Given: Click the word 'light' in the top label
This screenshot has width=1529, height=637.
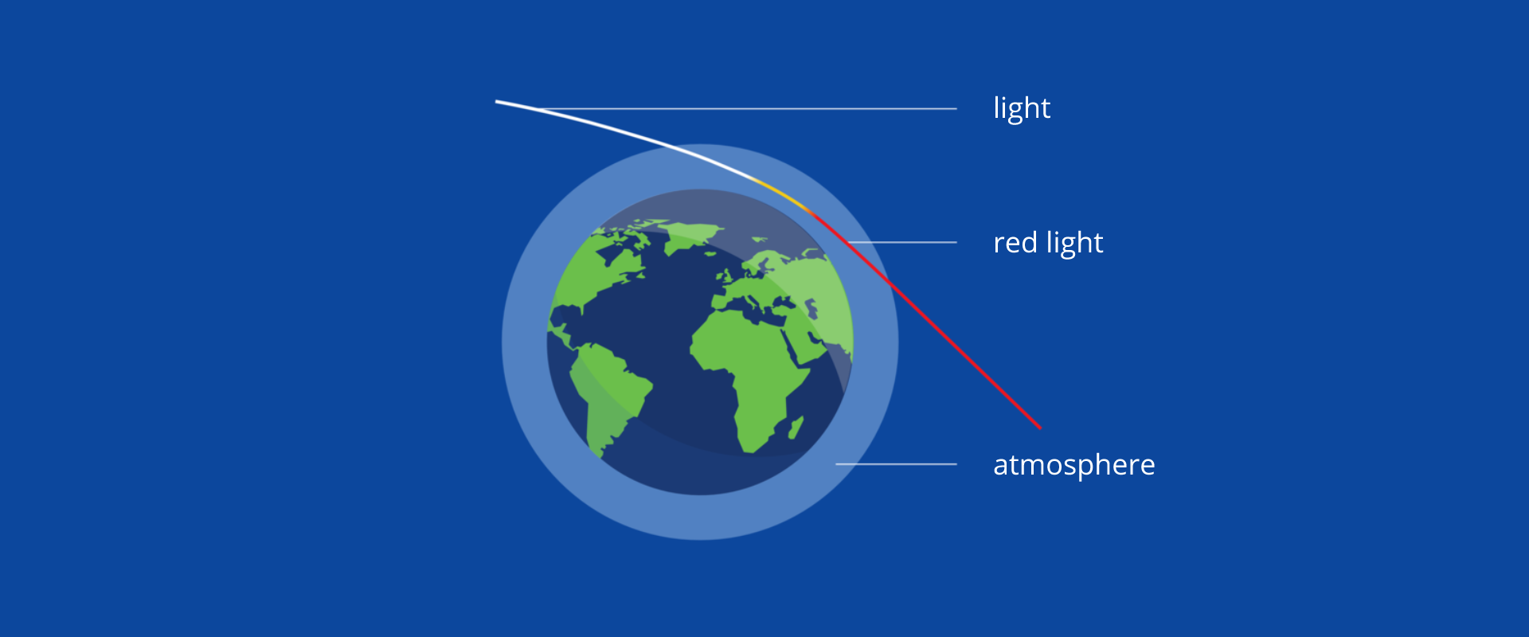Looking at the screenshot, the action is click(x=1022, y=108).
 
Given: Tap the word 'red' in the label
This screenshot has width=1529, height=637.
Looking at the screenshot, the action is click(x=1015, y=242).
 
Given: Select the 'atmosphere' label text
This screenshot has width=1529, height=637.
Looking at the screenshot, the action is click(x=1074, y=464).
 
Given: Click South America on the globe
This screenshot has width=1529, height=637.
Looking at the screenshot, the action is click(x=609, y=394).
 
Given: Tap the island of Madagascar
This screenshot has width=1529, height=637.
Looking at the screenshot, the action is click(x=795, y=428).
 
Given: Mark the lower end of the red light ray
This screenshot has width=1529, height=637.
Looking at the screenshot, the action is click(x=1040, y=428).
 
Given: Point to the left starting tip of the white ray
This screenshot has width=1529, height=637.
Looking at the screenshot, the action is click(x=496, y=102).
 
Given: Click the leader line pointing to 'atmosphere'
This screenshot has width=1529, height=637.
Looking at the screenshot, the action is click(x=896, y=463).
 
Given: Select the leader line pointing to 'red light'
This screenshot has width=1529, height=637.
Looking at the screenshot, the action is click(x=902, y=242).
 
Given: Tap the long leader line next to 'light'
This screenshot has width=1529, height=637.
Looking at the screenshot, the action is click(x=749, y=108).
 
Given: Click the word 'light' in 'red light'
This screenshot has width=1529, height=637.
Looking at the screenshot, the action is click(x=1075, y=243).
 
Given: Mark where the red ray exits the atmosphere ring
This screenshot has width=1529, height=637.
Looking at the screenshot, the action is click(x=890, y=283).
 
